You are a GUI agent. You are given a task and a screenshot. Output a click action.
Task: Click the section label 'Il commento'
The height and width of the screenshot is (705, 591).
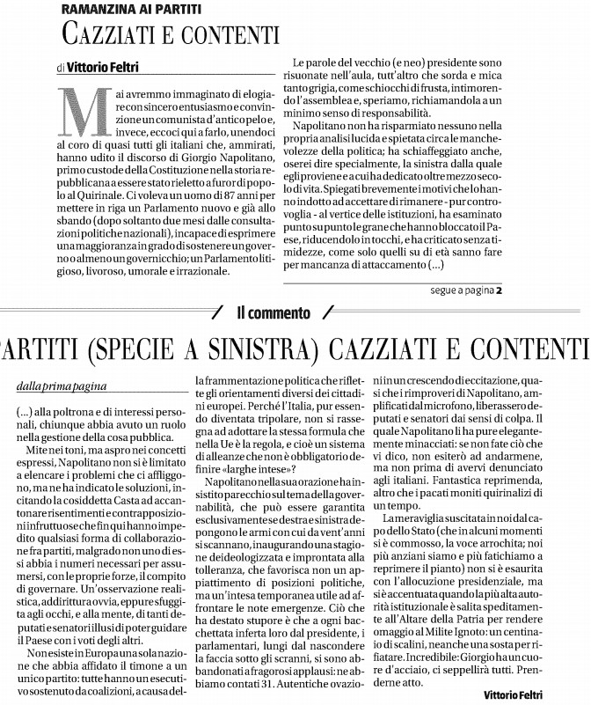click(x=273, y=312)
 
